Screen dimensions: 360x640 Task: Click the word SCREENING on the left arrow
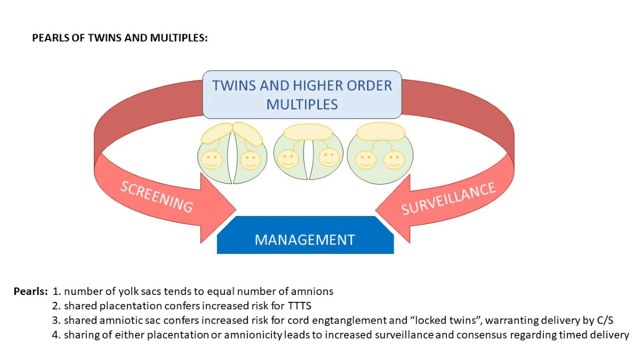point(156,197)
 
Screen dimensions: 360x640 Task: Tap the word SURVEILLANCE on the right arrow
point(449,198)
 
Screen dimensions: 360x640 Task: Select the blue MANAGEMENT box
point(305,239)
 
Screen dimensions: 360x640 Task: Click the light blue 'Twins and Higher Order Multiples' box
point(302,94)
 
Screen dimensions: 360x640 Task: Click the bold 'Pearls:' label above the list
point(30,292)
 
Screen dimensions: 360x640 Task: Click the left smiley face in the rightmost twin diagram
point(365,159)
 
